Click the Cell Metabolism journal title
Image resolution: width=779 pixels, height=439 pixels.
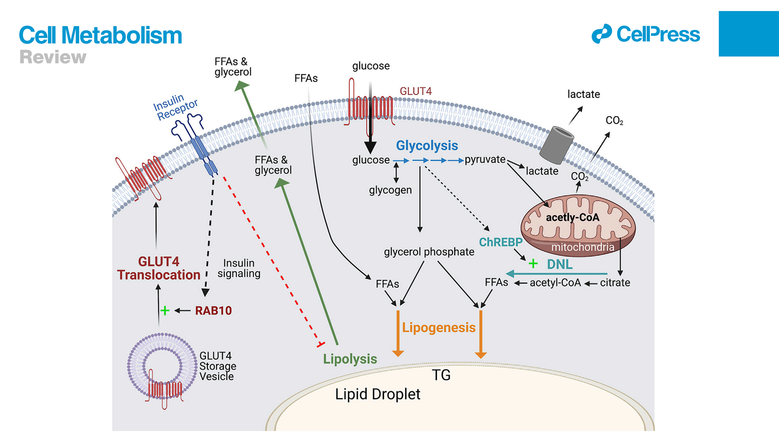pyautogui.click(x=100, y=35)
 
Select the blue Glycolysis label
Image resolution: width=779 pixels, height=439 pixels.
pyautogui.click(x=427, y=146)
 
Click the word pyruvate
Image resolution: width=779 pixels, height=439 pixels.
pyautogui.click(x=485, y=159)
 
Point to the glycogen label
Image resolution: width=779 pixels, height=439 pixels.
pyautogui.click(x=390, y=190)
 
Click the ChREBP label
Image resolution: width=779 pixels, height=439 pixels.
pyautogui.click(x=501, y=242)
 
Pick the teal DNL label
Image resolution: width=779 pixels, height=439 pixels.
pyautogui.click(x=560, y=264)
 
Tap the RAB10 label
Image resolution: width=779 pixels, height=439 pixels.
pyautogui.click(x=213, y=311)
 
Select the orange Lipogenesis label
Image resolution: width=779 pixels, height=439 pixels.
pyautogui.click(x=438, y=328)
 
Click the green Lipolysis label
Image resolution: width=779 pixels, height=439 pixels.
pyautogui.click(x=350, y=359)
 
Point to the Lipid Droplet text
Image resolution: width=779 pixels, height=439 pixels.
pyautogui.click(x=377, y=394)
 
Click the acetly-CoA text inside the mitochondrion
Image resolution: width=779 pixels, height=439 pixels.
pyautogui.click(x=572, y=218)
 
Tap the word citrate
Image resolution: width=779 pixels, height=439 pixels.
pyautogui.click(x=615, y=283)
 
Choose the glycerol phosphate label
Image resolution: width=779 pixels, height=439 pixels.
pyautogui.click(x=429, y=252)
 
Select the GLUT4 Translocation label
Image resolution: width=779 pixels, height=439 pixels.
pyautogui.click(x=159, y=268)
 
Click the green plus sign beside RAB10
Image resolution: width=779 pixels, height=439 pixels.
pyautogui.click(x=165, y=311)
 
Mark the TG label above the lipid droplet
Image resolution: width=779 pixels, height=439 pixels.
pyautogui.click(x=441, y=375)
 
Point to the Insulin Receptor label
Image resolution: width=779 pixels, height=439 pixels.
pyautogui.click(x=176, y=107)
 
